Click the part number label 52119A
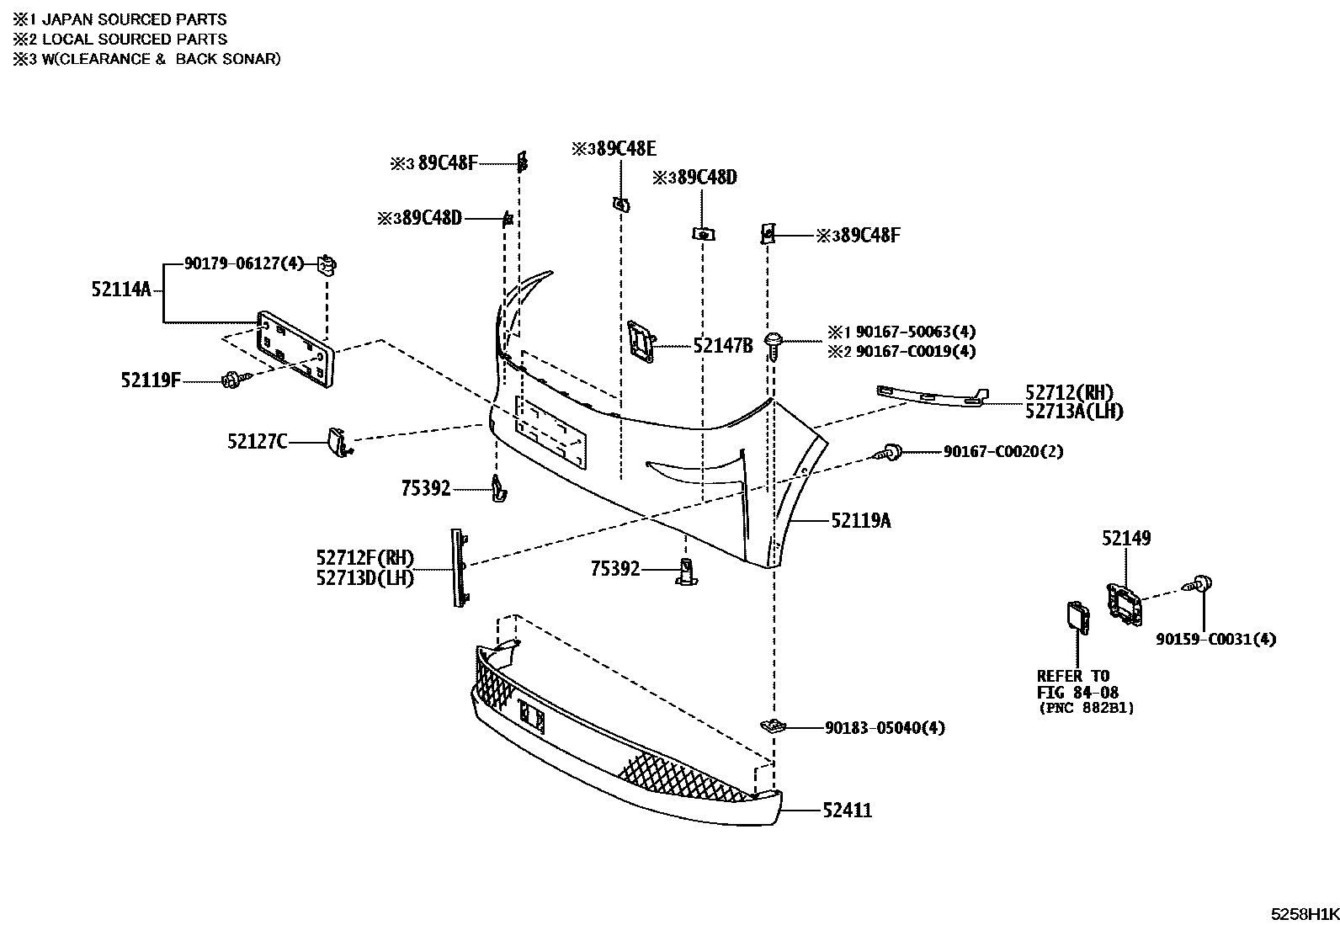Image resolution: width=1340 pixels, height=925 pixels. pos(861,521)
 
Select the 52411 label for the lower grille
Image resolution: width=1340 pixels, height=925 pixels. pos(847,811)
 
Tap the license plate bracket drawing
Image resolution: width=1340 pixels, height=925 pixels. pos(295,349)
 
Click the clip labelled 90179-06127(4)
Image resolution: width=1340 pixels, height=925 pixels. pos(327,264)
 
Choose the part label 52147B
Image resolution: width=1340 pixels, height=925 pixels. pos(723,346)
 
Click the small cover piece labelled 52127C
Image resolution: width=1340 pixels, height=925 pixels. pos(339,442)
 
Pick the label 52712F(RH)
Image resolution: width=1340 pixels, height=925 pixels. pos(365,558)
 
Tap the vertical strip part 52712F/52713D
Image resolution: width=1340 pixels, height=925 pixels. pos(459,568)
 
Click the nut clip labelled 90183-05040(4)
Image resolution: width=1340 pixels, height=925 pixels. pos(773,726)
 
